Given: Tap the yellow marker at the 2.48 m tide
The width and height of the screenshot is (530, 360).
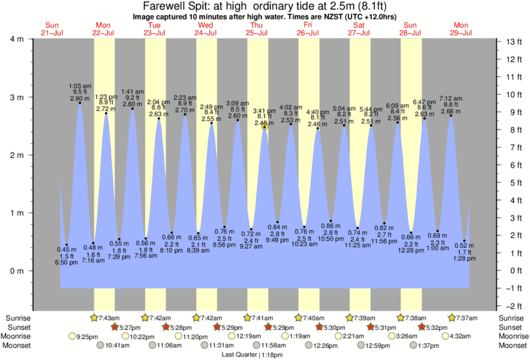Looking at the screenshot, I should tap(265, 126).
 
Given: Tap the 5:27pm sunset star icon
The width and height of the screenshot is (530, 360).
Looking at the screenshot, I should tap(114, 327).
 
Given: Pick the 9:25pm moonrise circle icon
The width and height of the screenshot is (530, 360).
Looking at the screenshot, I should tap(72, 337).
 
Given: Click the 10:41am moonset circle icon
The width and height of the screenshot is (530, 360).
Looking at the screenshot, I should tap(101, 346).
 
